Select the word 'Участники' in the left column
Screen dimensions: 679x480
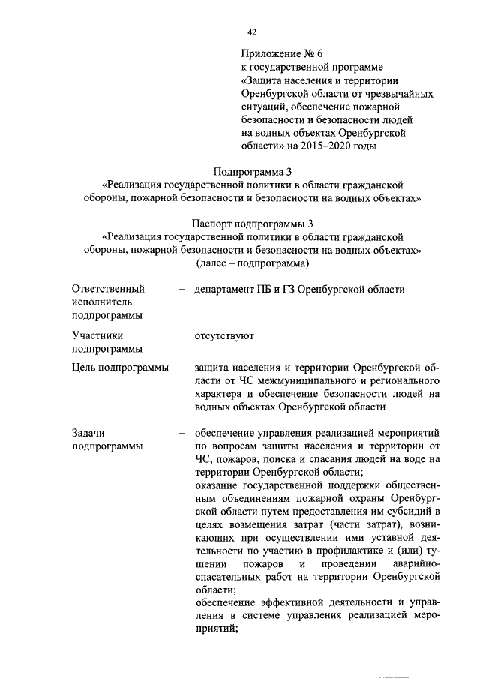[x=97, y=335]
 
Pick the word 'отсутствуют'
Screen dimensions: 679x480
[x=224, y=335]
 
